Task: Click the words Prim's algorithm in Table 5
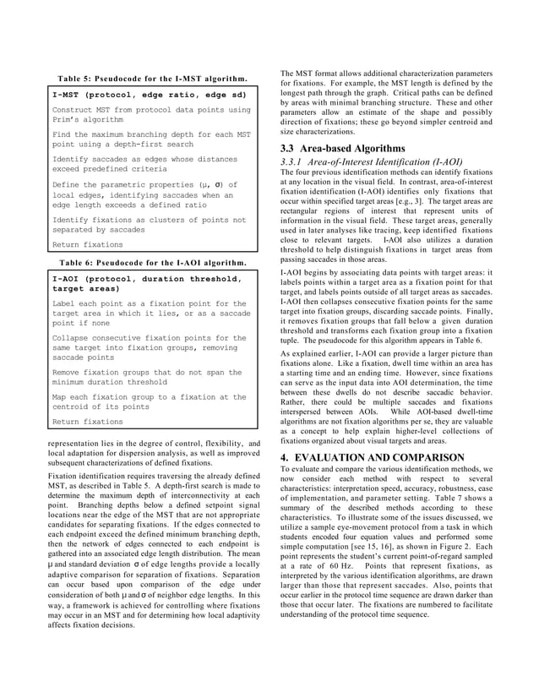pyautogui.click(x=88, y=120)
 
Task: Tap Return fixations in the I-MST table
pyautogui.click(x=87, y=245)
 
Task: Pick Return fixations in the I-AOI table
pyautogui.click(x=87, y=421)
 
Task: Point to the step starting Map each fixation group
pyautogui.click(x=149, y=402)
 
